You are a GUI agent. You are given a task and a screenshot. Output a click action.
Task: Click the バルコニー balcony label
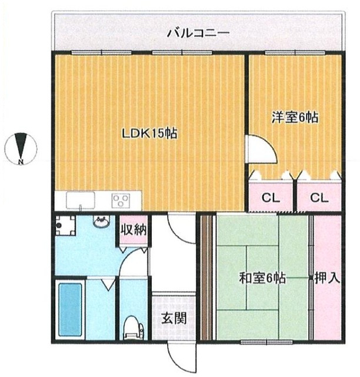click(197, 32)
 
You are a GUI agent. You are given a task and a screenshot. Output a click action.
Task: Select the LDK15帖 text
click(149, 133)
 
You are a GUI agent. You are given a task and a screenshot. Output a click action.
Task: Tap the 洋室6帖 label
click(295, 118)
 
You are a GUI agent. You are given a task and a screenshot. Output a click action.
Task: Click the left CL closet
click(270, 198)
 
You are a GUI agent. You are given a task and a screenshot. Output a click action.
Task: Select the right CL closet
click(319, 198)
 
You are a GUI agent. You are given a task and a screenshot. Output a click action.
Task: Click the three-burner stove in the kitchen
click(121, 201)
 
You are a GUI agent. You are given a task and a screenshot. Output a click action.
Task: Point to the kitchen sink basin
click(76, 201)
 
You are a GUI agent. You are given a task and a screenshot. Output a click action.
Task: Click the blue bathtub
click(70, 310)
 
